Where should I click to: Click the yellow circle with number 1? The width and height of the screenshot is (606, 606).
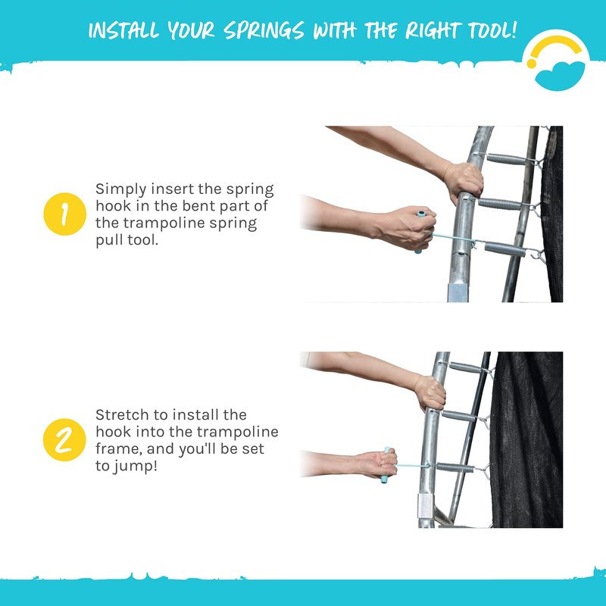65,214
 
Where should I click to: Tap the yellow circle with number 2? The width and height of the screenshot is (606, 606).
64,440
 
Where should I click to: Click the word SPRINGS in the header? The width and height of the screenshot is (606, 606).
264,31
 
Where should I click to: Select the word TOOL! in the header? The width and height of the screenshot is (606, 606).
492,30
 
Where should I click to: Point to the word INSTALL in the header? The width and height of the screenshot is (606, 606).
123,30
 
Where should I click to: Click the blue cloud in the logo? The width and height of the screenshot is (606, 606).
560,75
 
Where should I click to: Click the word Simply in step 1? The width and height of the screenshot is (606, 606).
121,190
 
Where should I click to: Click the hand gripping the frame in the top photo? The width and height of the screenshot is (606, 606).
463,182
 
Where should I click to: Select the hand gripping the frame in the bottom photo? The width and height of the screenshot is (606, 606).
430,393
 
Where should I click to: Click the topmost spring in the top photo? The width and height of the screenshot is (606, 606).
506,159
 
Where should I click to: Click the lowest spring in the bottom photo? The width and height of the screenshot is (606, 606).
455,467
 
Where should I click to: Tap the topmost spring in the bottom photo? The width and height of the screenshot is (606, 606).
465,367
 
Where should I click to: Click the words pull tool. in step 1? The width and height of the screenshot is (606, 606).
127,240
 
